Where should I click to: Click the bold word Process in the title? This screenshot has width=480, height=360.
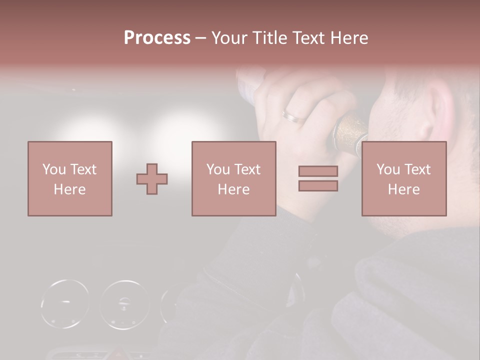157,38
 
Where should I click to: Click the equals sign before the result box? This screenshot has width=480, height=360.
318,178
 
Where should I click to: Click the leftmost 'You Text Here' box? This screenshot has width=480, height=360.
69,178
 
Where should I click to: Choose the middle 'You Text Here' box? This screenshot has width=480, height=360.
233,178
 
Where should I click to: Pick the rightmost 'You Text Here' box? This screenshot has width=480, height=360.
403,178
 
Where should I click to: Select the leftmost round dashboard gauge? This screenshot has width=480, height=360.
65,304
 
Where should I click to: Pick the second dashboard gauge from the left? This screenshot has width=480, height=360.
124,304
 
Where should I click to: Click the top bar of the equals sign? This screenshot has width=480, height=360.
318,171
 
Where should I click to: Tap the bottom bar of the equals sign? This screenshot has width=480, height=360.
318,186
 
